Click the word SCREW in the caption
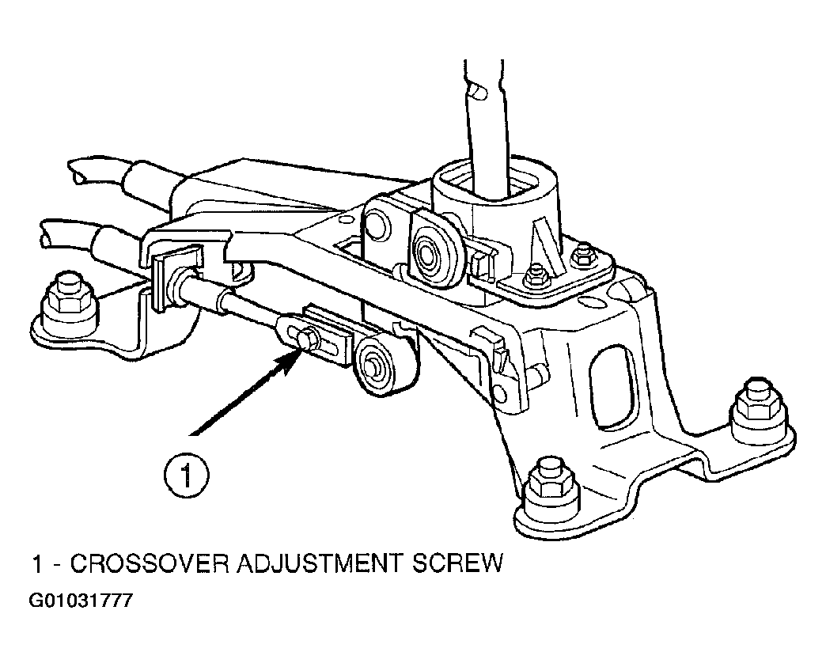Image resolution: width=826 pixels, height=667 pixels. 457,563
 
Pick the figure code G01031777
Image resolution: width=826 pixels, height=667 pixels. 81,601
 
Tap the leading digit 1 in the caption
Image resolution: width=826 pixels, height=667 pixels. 37,563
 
